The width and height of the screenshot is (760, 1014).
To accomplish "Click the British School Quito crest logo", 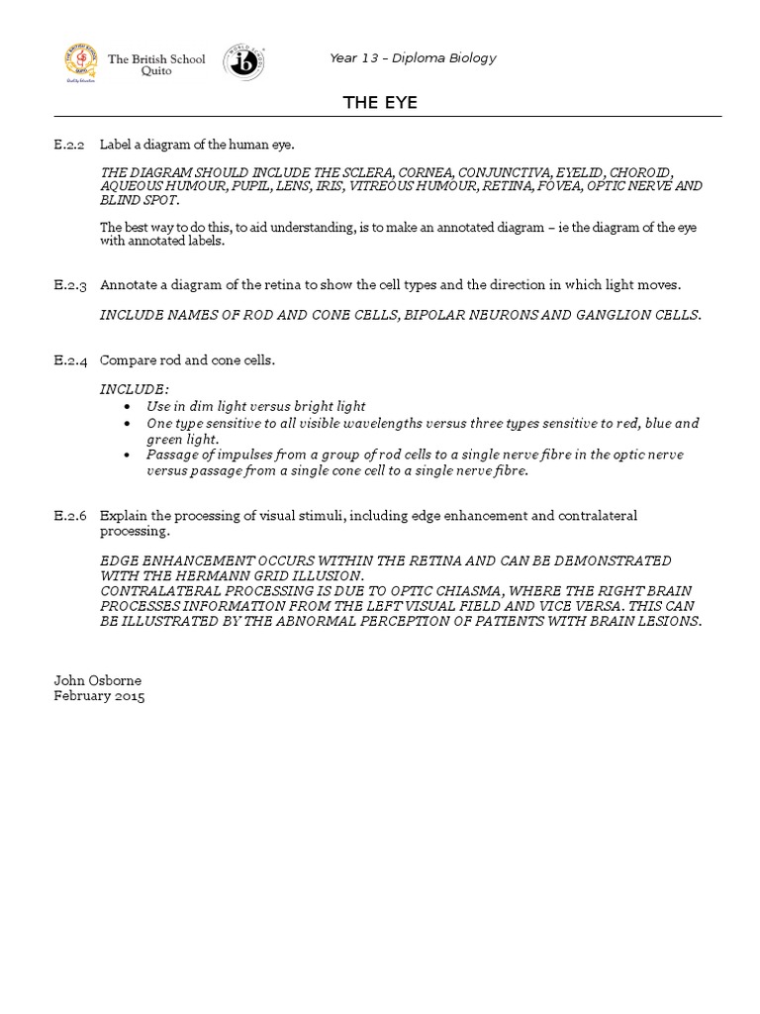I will (x=83, y=64).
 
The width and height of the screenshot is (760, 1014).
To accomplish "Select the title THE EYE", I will (x=380, y=102).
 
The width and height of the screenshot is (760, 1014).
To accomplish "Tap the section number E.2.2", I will (x=70, y=145).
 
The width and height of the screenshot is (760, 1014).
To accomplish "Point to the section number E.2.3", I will (x=70, y=285).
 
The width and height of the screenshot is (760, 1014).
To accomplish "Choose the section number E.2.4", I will (x=70, y=360).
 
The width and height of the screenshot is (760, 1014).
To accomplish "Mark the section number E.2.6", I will (x=70, y=516).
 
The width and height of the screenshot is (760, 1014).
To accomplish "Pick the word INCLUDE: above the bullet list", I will (x=135, y=390).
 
